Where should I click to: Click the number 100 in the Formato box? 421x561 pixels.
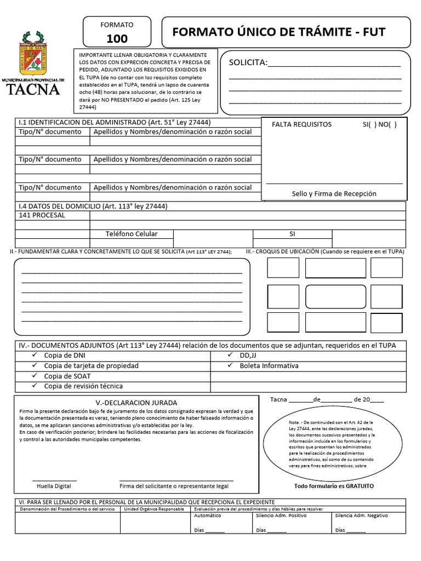click(x=117, y=38)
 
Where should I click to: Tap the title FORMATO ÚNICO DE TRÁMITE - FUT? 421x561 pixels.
click(x=278, y=32)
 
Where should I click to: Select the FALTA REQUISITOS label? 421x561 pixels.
click(x=301, y=124)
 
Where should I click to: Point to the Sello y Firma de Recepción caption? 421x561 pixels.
click(x=334, y=193)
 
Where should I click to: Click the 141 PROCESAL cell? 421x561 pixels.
click(x=42, y=215)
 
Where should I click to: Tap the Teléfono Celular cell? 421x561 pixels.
click(x=131, y=234)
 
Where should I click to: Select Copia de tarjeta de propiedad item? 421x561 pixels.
click(x=91, y=365)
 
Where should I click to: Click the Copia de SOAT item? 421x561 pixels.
click(x=67, y=376)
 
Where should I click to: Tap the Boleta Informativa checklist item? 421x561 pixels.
click(x=269, y=365)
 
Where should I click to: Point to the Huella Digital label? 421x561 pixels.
click(x=54, y=486)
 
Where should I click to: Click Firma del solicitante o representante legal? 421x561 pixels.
click(x=174, y=486)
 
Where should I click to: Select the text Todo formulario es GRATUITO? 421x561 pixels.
click(x=333, y=486)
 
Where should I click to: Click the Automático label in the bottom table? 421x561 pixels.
click(x=208, y=516)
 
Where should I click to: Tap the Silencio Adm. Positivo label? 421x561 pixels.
click(x=281, y=516)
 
